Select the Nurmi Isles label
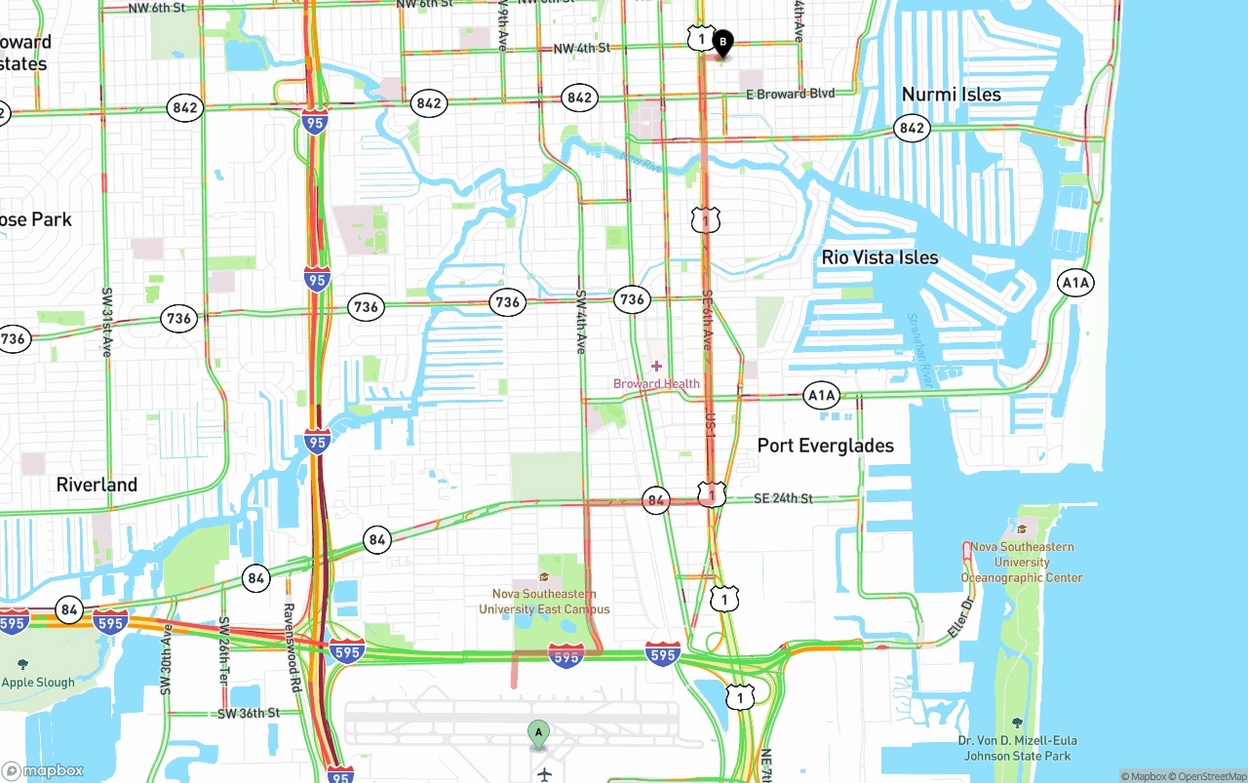(x=951, y=95)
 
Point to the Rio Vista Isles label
(x=879, y=257)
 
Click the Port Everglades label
(x=825, y=446)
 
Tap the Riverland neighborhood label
(x=97, y=485)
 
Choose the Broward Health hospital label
(x=656, y=383)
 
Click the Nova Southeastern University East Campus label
(x=544, y=602)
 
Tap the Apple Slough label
(x=38, y=683)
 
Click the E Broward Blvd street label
(x=790, y=94)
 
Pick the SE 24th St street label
(x=783, y=498)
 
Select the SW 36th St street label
(x=249, y=713)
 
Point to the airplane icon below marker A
(x=544, y=774)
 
